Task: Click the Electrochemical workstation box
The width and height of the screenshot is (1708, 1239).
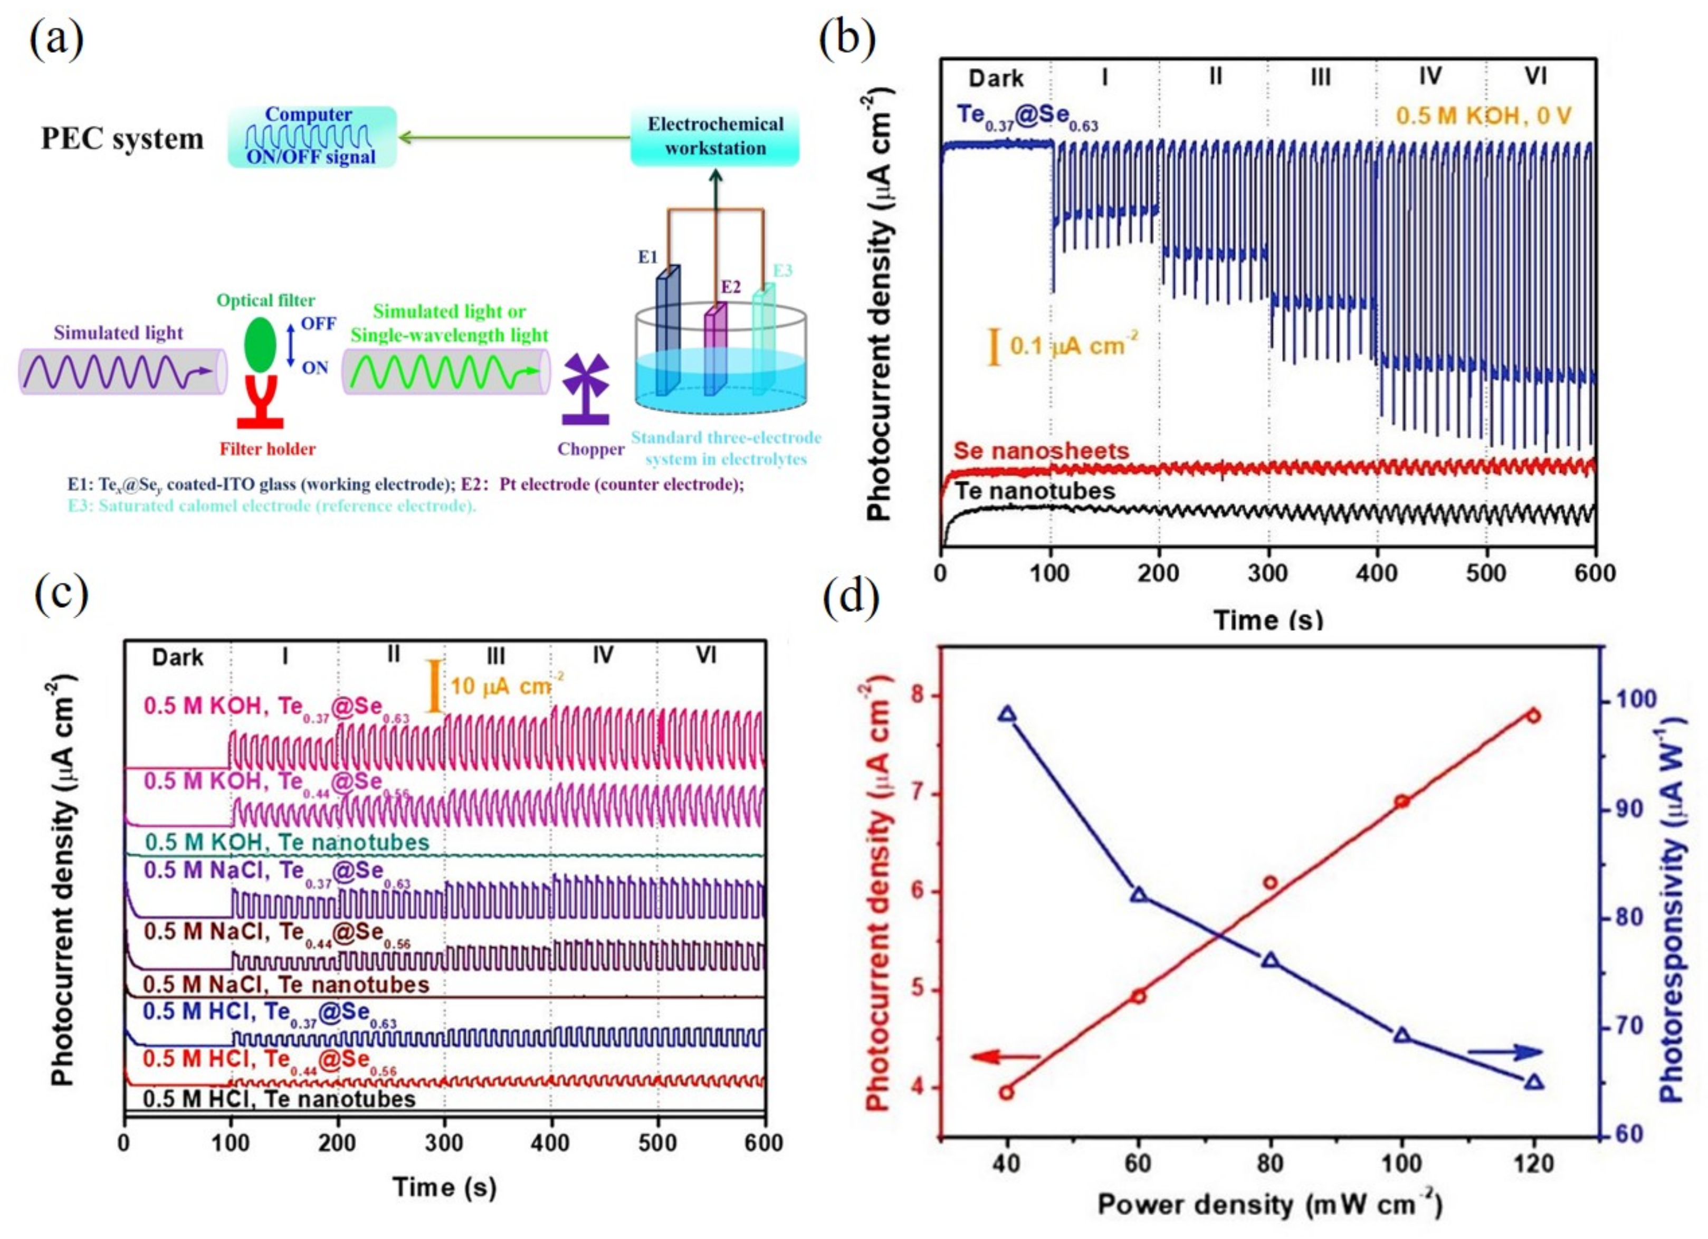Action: coord(714,136)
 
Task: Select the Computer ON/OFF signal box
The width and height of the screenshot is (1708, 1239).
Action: coord(312,136)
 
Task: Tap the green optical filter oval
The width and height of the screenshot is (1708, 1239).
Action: coord(261,346)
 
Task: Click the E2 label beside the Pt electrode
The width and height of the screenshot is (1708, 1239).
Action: coord(730,287)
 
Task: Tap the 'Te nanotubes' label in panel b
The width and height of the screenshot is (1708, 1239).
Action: coord(1034,491)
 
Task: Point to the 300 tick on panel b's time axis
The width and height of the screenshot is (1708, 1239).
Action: coord(1267,574)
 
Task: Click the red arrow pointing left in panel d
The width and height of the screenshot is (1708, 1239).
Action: coord(1005,1057)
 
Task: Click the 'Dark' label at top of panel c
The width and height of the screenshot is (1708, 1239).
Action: coord(178,657)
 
